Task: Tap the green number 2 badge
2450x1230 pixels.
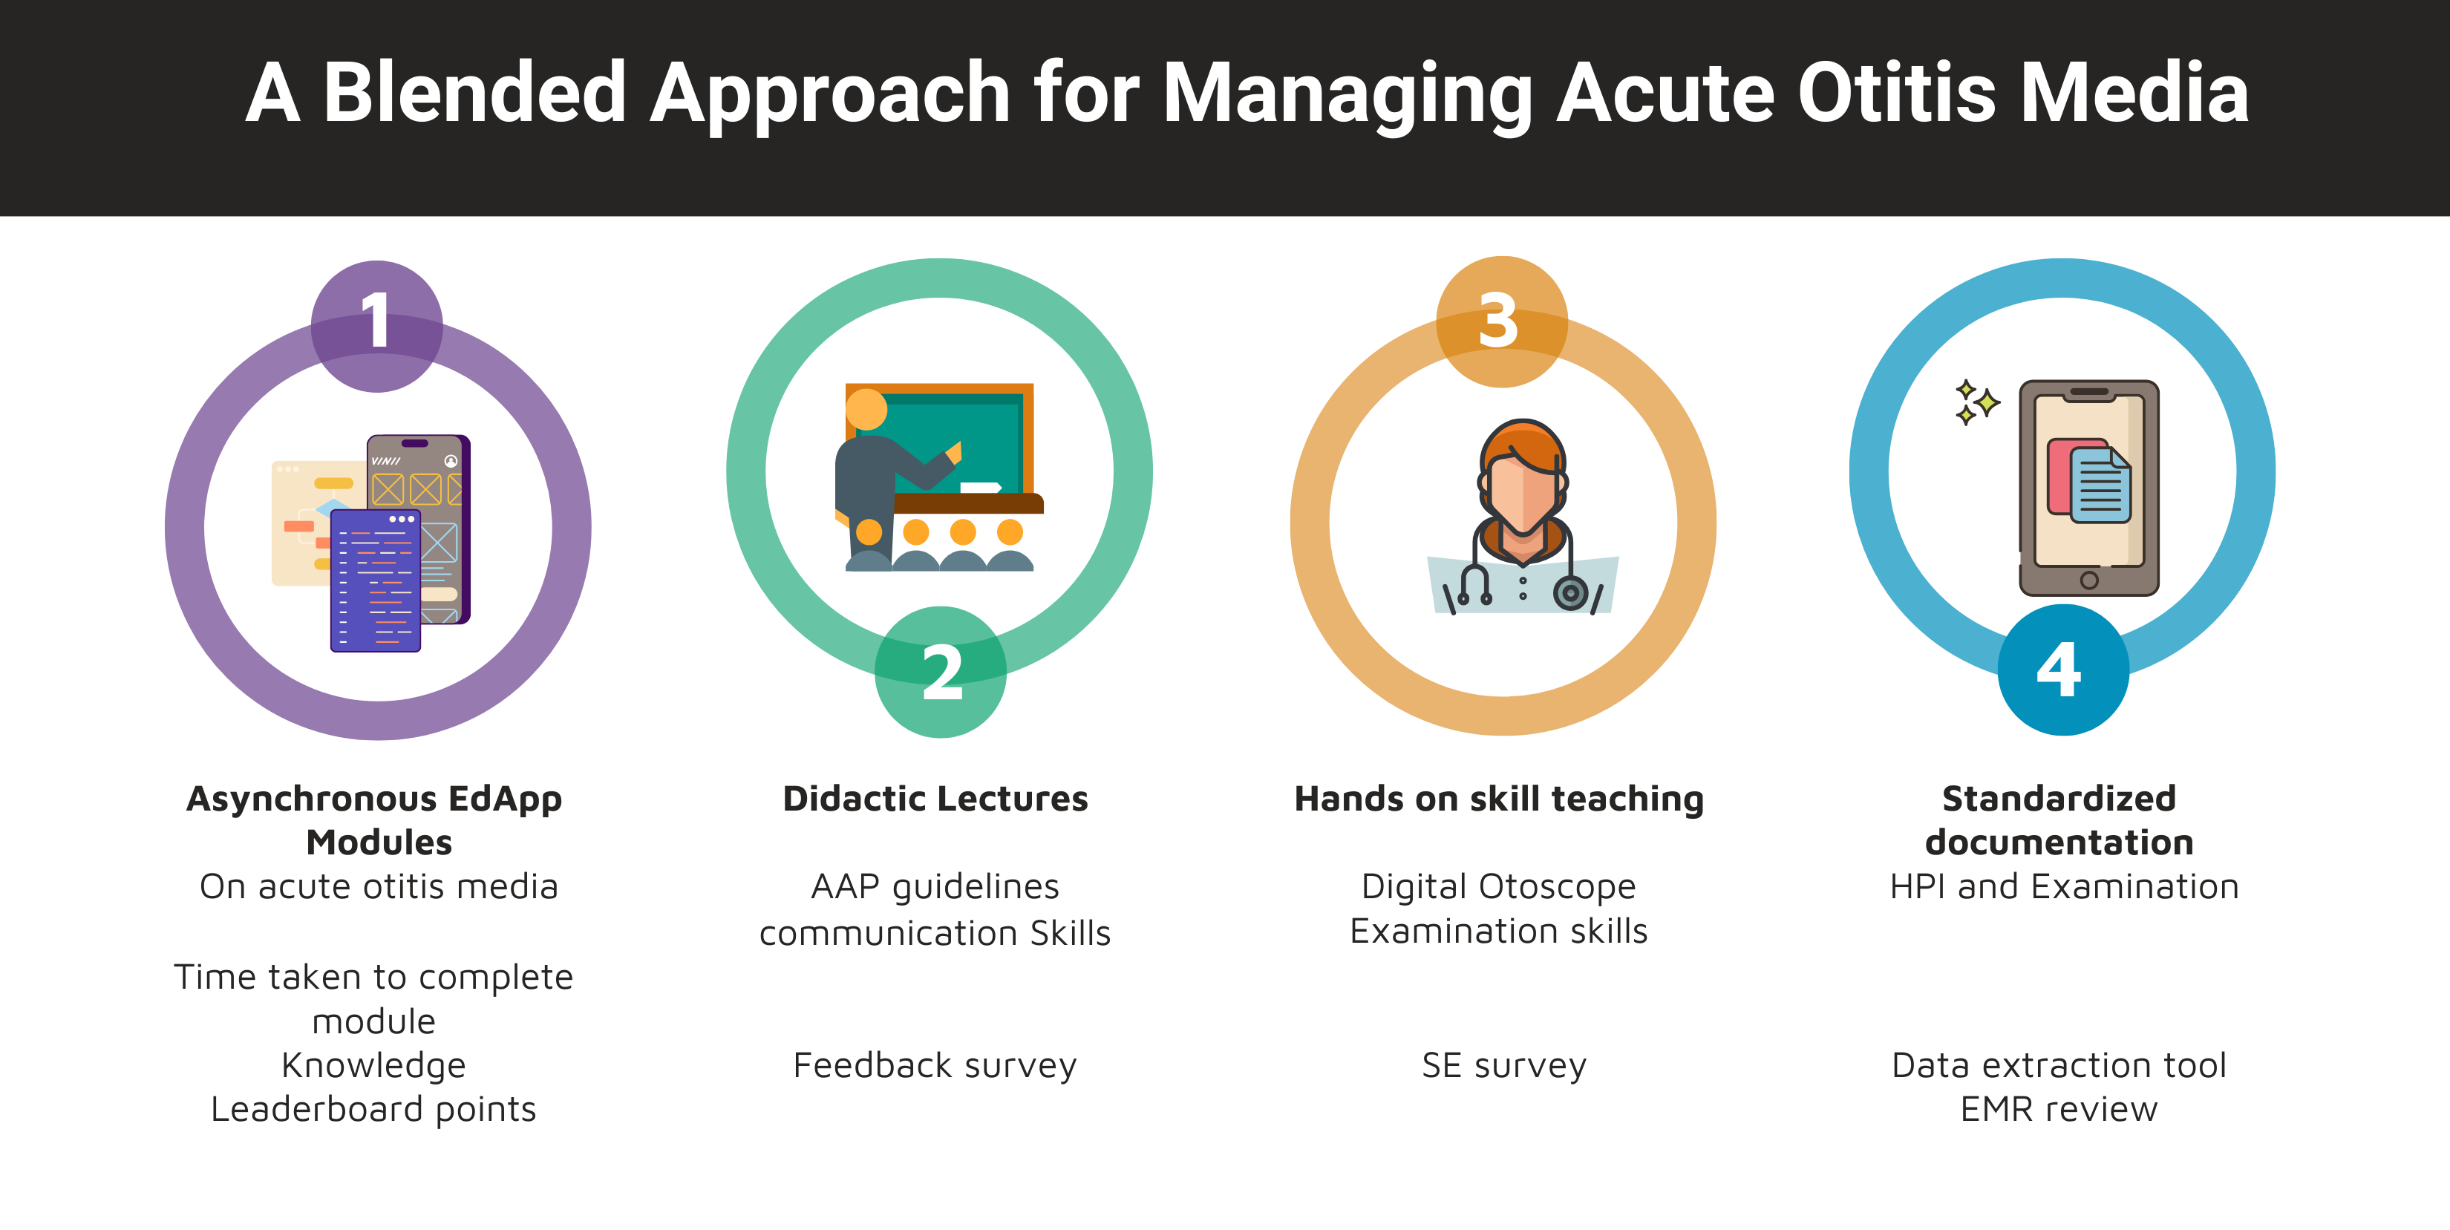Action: coord(941,672)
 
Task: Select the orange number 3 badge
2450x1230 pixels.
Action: coord(1502,321)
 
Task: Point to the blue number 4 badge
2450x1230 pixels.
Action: coord(2063,670)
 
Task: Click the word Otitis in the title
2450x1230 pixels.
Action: coord(1895,94)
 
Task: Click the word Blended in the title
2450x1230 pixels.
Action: coord(474,94)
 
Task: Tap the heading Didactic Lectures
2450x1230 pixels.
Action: coord(935,798)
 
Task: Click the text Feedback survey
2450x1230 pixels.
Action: coord(935,1065)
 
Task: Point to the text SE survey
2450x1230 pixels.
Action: coord(1503,1065)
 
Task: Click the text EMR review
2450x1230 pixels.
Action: coord(2059,1109)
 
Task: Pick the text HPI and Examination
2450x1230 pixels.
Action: coord(2064,886)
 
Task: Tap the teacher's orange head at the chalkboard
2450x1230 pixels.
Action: coord(866,410)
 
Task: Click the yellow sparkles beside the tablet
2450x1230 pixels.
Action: coord(1976,402)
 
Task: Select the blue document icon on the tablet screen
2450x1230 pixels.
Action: coord(2100,485)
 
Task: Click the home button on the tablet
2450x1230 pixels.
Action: coord(2088,580)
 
